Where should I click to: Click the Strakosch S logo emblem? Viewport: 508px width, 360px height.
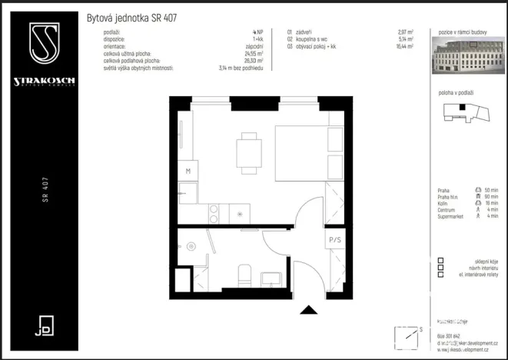[x=44, y=44]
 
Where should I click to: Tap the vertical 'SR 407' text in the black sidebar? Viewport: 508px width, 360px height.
[x=46, y=182]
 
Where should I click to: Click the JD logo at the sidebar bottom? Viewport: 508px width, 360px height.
[x=44, y=325]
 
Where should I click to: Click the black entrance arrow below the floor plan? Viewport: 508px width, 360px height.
[x=309, y=309]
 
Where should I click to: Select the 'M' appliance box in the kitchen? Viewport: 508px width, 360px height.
[x=187, y=172]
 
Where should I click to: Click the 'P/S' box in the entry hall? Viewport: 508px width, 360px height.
[x=335, y=240]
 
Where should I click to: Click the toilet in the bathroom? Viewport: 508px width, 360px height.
[x=245, y=274]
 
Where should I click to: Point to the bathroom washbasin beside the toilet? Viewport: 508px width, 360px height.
[x=271, y=277]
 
